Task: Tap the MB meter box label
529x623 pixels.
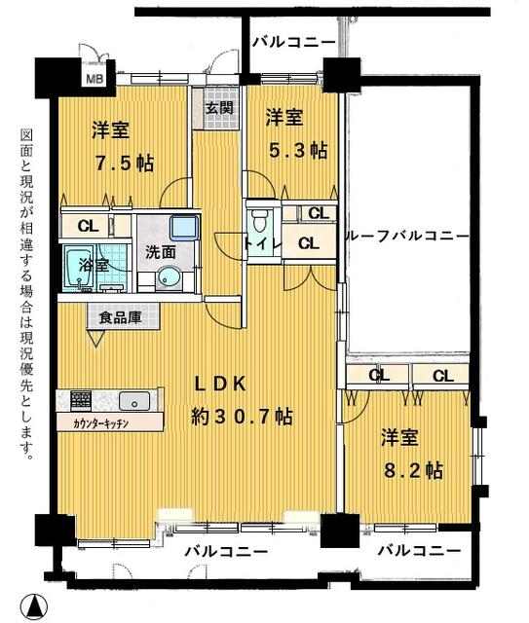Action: tap(94, 78)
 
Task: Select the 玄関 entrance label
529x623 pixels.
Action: tap(219, 108)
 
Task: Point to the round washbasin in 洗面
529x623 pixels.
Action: tap(168, 277)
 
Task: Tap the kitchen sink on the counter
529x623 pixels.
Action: tap(134, 400)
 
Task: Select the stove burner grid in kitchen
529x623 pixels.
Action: tap(81, 400)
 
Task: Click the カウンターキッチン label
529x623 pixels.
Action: tap(100, 424)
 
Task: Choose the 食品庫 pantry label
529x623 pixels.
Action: tap(120, 317)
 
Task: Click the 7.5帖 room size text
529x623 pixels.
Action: tap(125, 163)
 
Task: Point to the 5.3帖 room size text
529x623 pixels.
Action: tap(298, 151)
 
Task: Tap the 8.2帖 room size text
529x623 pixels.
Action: tap(413, 470)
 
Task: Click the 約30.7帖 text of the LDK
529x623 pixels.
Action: tap(242, 417)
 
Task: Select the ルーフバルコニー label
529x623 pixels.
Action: tap(407, 236)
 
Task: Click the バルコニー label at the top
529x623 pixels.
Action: tap(294, 41)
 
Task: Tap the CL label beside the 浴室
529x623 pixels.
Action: tap(88, 226)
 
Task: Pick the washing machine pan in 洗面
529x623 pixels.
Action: tap(184, 227)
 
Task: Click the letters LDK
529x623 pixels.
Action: tap(219, 385)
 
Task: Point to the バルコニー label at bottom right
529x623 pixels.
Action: tap(419, 551)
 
